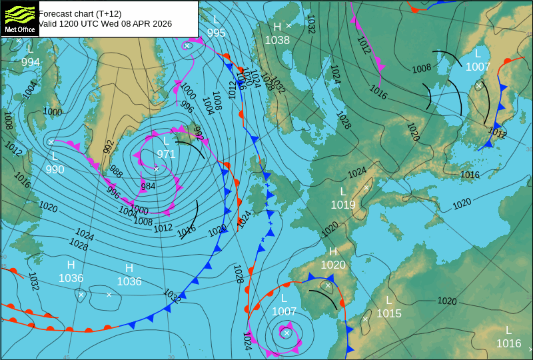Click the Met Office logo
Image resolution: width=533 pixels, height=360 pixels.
[19, 19]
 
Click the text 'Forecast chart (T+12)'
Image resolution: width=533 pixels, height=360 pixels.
[80, 13]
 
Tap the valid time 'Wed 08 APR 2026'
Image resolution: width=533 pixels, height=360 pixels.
[136, 24]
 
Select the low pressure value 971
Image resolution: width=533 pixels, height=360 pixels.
[166, 154]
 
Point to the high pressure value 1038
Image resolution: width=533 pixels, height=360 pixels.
[277, 40]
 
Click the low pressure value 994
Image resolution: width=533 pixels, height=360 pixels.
[30, 63]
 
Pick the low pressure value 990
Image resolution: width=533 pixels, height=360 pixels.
[55, 169]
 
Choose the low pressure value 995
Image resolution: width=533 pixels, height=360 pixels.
[216, 33]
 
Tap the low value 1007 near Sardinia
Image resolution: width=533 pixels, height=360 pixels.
[284, 311]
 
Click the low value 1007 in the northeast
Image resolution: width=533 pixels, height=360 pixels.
[478, 67]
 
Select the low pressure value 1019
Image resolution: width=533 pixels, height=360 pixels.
[343, 205]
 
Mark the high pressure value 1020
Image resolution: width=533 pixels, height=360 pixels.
[333, 265]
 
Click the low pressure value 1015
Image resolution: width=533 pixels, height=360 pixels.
[389, 313]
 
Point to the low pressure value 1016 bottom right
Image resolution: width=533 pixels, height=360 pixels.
[508, 343]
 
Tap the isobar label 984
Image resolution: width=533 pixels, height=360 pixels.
[148, 186]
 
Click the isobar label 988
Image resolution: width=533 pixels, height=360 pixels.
[116, 171]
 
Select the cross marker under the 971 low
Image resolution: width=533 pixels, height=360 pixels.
[156, 169]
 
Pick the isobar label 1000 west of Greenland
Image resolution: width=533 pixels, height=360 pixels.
[53, 112]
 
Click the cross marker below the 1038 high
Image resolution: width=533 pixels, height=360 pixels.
[289, 25]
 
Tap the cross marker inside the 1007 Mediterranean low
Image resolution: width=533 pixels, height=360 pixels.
[286, 332]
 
